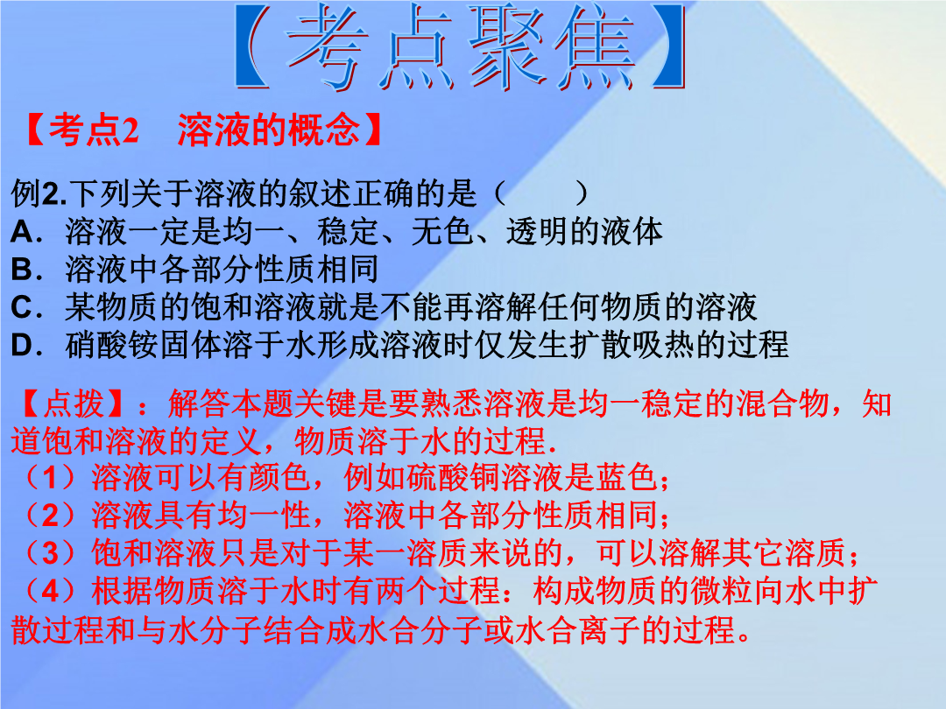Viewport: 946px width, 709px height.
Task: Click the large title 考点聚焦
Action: [x=461, y=47]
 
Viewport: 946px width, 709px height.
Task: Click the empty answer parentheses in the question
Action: [x=540, y=193]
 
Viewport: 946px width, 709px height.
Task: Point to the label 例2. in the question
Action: [x=39, y=193]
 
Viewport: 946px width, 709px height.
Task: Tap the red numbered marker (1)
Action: [x=51, y=478]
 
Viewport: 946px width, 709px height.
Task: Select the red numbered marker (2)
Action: [x=51, y=516]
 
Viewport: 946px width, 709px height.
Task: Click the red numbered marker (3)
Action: [x=51, y=553]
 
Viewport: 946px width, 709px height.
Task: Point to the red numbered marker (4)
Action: [x=51, y=591]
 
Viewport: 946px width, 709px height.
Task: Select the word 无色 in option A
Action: [x=442, y=231]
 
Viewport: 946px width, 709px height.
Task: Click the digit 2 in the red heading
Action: [x=130, y=130]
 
